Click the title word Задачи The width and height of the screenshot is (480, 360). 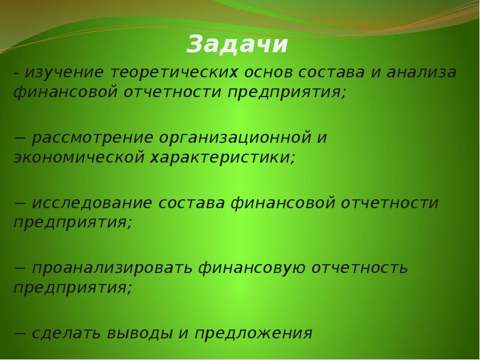[x=238, y=45]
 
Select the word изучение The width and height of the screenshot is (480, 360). [x=64, y=73]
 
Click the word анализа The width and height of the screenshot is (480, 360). [x=422, y=73]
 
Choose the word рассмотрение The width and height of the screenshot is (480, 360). [x=93, y=138]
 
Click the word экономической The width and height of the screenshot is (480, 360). [x=79, y=158]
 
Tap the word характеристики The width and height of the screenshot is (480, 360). [x=223, y=158]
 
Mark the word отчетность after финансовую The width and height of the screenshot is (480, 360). [x=360, y=268]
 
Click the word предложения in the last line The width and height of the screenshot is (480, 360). [x=252, y=333]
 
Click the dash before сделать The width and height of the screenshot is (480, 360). [x=20, y=334]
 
